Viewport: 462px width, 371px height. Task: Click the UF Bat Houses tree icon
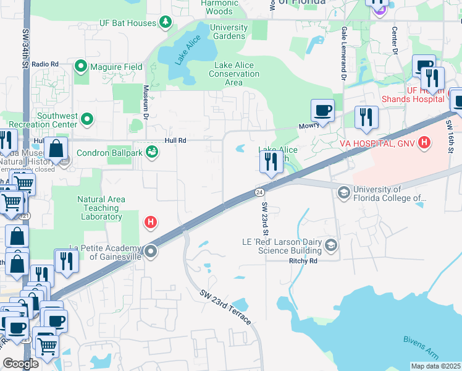(166, 23)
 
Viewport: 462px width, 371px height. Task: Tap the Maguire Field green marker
(81, 66)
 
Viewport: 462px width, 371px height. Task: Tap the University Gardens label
(229, 32)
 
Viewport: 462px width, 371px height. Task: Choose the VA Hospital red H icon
(424, 143)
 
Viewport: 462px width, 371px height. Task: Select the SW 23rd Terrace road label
(225, 307)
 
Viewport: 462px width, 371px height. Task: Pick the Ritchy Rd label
(303, 261)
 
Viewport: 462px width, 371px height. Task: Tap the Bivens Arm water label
(420, 339)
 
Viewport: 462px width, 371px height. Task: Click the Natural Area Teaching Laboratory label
(101, 208)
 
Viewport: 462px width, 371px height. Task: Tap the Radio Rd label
(45, 64)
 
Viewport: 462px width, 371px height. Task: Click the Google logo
(20, 364)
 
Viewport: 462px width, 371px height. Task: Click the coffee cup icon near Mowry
(322, 111)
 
